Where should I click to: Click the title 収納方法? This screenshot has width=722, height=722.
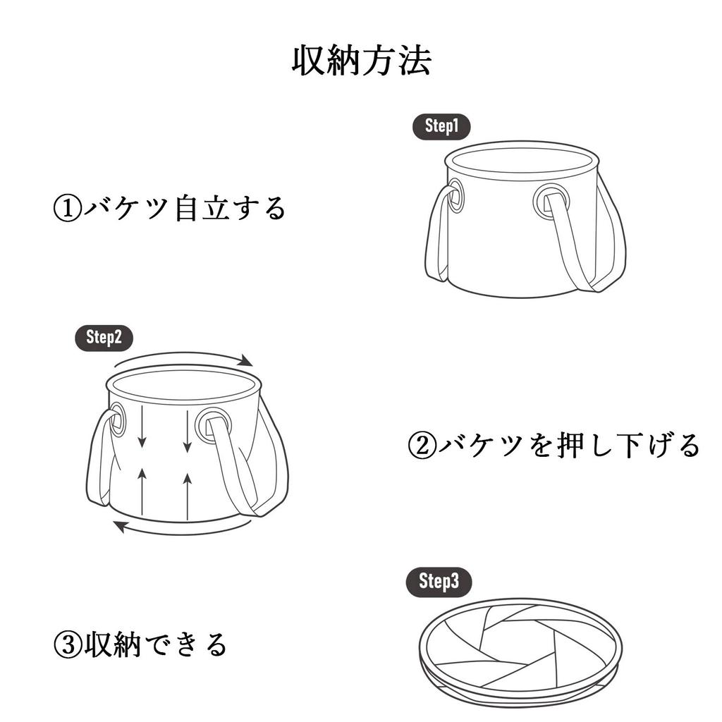coord(362,61)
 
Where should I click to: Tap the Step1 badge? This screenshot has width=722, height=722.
coord(441,126)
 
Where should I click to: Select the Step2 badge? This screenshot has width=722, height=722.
coord(104,338)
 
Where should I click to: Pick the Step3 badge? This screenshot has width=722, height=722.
coord(439,582)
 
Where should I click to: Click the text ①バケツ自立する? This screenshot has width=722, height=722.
coord(169,208)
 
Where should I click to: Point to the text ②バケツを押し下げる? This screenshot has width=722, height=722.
coord(554,446)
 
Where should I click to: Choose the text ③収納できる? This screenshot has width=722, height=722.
coord(140,644)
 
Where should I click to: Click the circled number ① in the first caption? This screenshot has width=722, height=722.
coord(67,209)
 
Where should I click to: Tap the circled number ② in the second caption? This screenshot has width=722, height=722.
coord(422,446)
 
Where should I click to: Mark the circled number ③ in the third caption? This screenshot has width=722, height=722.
coord(68,644)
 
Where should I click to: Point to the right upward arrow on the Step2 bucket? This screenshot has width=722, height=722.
coord(187,496)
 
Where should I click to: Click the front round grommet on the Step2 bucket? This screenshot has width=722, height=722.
coord(213,425)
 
